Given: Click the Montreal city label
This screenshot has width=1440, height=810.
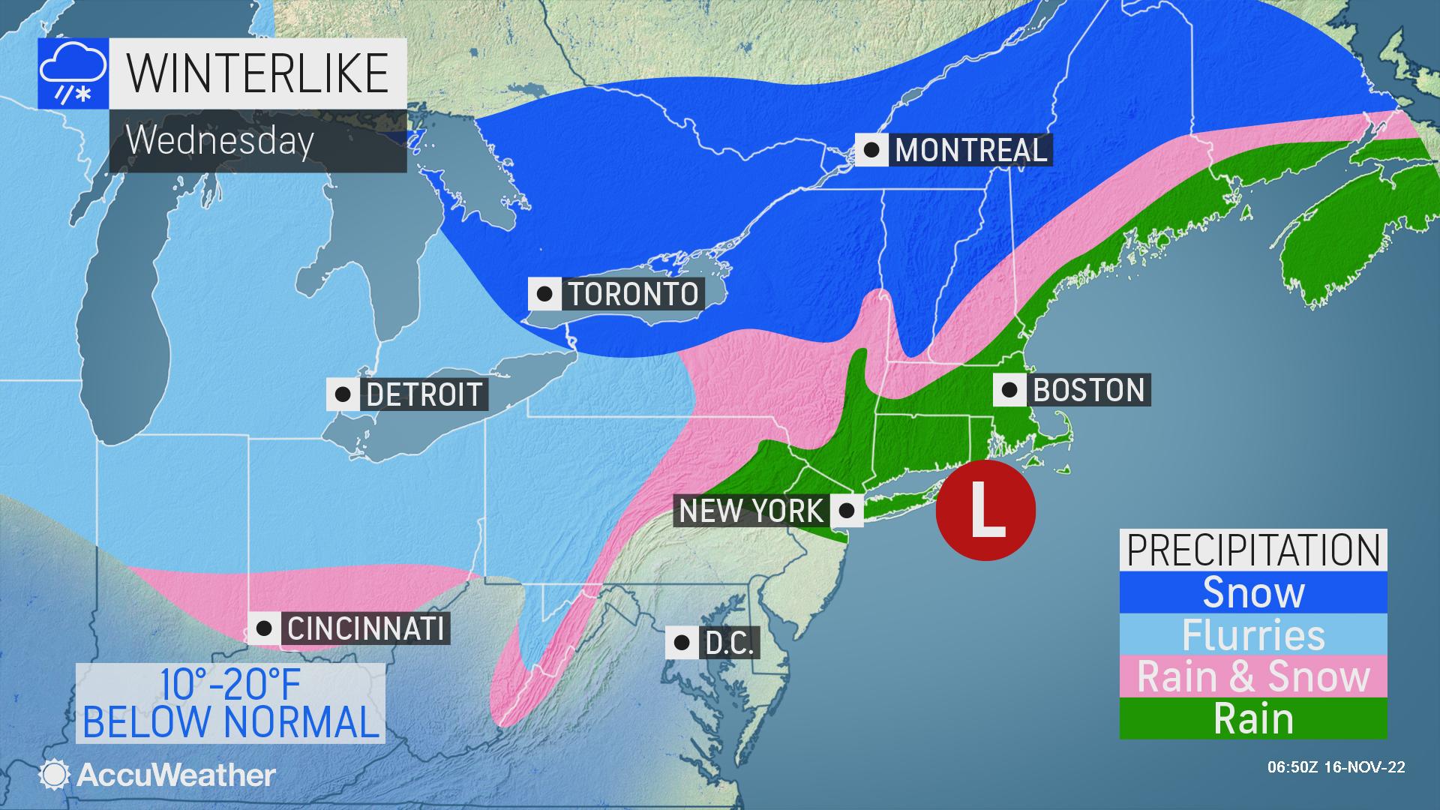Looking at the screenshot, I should point(970,150).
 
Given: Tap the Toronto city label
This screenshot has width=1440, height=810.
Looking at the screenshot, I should point(633,294).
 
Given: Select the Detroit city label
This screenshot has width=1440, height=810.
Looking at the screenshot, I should point(424,394).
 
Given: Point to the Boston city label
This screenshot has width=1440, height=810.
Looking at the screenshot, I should point(1089,390).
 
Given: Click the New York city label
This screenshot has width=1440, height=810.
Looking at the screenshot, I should point(751,511).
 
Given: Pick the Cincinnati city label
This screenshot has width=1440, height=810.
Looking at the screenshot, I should point(366,628).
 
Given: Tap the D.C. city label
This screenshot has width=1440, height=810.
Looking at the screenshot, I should point(729,643).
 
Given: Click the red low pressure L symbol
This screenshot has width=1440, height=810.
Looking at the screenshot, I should point(986,511).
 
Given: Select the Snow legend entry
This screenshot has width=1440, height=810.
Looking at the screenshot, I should point(1253,592).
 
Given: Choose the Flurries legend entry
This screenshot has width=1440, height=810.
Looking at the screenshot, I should point(1253,634).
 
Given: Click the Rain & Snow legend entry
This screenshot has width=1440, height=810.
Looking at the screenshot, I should point(1253,676).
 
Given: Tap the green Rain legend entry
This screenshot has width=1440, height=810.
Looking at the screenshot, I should point(1253,719).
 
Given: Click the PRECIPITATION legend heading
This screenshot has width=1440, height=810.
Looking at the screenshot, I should point(1253,550).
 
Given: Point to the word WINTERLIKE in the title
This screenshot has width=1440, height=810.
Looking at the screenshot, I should point(258,73).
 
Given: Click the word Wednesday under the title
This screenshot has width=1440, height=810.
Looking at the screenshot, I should point(220,140).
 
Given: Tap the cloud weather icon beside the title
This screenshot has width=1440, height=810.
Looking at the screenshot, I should point(72,73).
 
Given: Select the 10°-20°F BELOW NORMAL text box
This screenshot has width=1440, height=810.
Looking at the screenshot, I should point(230,703).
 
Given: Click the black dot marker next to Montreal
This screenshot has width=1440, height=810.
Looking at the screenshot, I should point(871,150).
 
